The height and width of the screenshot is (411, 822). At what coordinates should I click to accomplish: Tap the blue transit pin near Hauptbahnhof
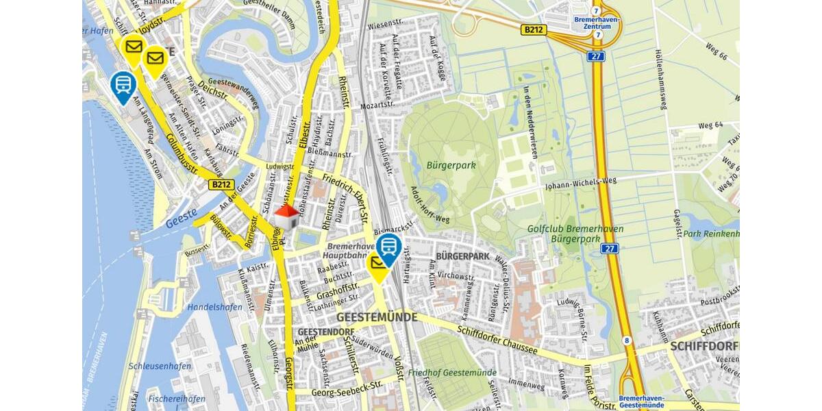click(x=389, y=248)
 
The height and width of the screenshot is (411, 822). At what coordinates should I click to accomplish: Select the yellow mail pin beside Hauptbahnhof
click(x=377, y=264)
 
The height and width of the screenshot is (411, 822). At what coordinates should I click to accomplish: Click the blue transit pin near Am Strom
click(x=123, y=86)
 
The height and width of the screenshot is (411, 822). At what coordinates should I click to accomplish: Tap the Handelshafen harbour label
click(x=214, y=307)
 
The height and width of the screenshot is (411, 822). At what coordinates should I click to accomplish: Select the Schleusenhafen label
click(x=160, y=366)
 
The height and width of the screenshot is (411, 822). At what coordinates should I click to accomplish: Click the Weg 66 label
click(x=712, y=54)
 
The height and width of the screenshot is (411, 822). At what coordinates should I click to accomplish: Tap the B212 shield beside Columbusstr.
click(x=223, y=184)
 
